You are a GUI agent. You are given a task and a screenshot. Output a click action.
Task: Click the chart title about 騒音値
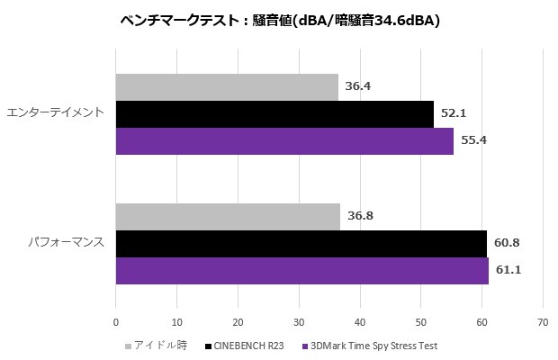pyautogui.click(x=279, y=21)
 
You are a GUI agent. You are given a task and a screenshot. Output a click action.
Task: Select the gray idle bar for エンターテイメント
pyautogui.click(x=227, y=87)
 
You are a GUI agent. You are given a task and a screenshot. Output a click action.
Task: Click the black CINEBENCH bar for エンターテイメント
pyautogui.click(x=274, y=114)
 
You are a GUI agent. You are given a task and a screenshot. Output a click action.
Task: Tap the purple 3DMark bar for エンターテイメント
pyautogui.click(x=284, y=141)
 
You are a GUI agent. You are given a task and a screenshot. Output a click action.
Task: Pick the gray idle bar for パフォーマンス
pyautogui.click(x=228, y=217)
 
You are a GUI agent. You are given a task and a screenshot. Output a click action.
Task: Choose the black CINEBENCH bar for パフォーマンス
pyautogui.click(x=301, y=243)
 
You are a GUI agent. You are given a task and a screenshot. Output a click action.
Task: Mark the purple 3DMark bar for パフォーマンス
pyautogui.click(x=301, y=270)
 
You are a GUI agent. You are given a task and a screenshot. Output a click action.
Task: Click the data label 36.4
pyautogui.click(x=356, y=87)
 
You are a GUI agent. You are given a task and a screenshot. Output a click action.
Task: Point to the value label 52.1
pyautogui.click(x=453, y=114)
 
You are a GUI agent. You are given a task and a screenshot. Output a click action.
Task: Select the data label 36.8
pyautogui.click(x=359, y=217)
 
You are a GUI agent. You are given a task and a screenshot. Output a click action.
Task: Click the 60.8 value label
pyautogui.click(x=506, y=243)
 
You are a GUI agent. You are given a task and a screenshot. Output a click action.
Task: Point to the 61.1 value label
pyautogui.click(x=508, y=270)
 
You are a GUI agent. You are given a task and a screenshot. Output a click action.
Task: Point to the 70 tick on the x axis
pyautogui.click(x=542, y=321)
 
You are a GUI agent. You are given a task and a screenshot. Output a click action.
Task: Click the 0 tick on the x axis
pyautogui.click(x=116, y=321)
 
